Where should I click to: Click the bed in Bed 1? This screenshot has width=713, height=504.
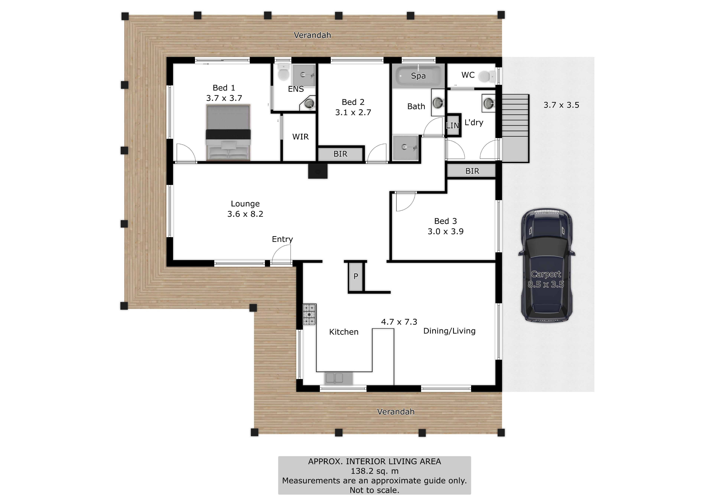pos(228,133)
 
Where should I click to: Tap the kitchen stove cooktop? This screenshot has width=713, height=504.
pos(310,314)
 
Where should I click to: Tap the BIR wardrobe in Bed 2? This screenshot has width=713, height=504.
pos(340,154)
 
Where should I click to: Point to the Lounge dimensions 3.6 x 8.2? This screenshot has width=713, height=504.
pos(245,214)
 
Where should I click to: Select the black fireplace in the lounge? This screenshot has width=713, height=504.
pos(318,171)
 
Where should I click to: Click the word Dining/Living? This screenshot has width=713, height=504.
pos(449,331)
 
